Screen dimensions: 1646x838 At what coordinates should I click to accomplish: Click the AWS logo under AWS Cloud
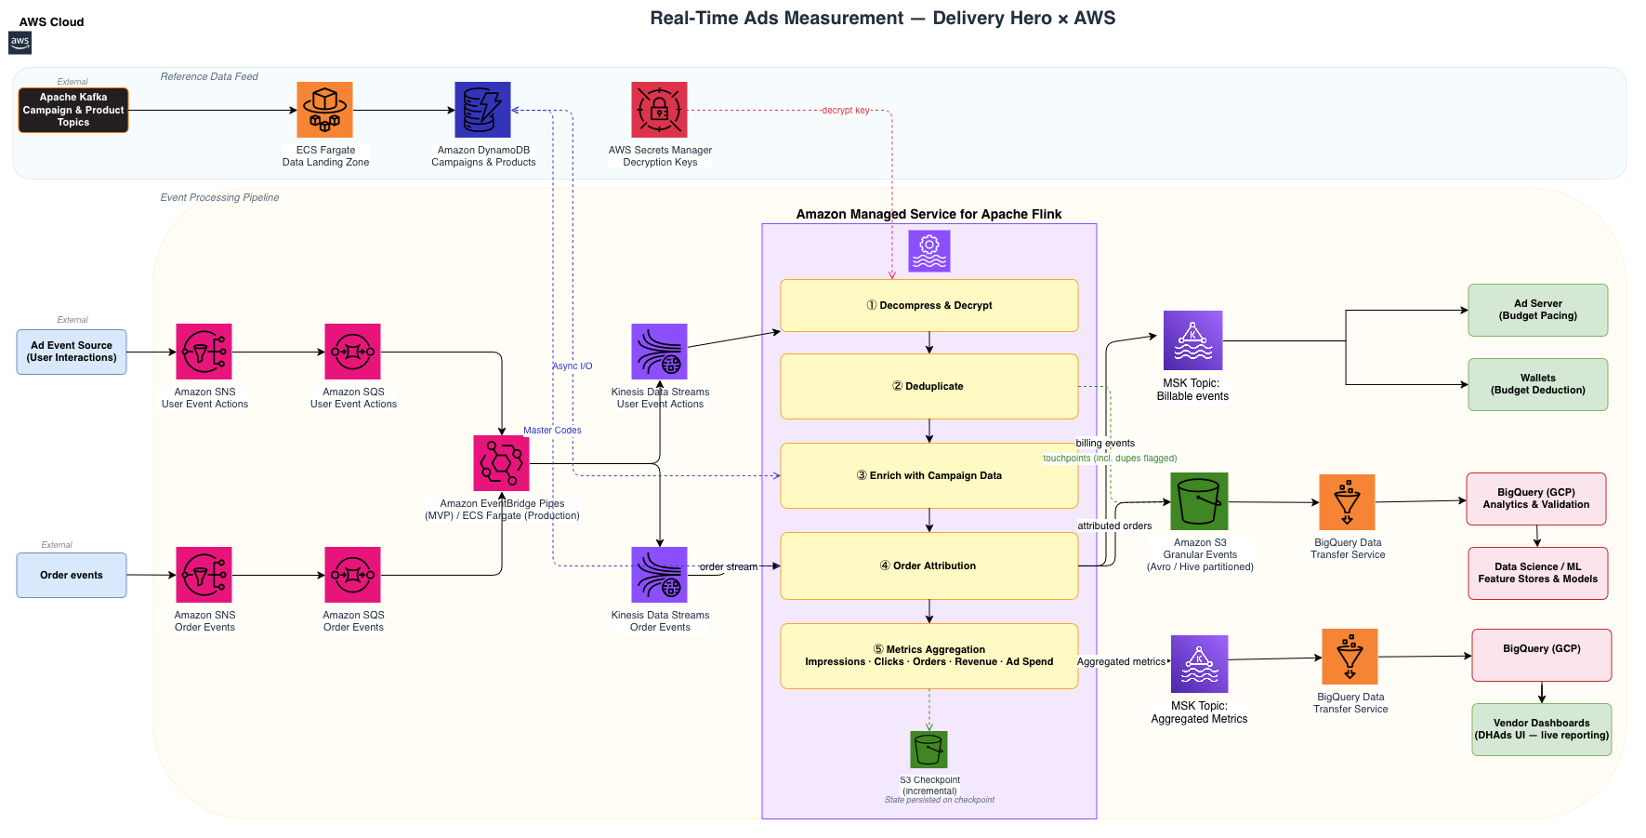click(x=20, y=43)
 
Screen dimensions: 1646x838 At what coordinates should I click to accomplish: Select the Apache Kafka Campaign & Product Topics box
click(x=73, y=110)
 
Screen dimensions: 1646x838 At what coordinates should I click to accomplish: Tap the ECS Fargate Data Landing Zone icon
click(x=324, y=110)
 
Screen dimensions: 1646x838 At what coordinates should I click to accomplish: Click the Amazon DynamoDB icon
click(x=482, y=110)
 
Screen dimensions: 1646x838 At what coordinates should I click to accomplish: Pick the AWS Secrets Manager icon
click(x=659, y=110)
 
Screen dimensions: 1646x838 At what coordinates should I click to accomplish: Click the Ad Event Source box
click(x=72, y=352)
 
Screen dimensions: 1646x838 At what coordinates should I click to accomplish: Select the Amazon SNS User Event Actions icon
click(x=204, y=352)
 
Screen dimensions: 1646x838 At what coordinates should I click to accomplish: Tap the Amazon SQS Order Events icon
click(x=352, y=575)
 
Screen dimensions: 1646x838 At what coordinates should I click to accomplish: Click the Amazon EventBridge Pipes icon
click(x=501, y=463)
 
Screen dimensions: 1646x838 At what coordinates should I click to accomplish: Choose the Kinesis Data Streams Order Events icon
click(x=659, y=575)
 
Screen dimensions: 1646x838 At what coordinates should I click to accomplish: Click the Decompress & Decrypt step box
click(x=929, y=305)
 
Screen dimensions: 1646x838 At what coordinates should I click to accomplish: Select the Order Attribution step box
click(x=929, y=565)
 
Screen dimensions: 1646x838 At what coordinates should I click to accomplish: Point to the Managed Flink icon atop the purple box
click(x=929, y=251)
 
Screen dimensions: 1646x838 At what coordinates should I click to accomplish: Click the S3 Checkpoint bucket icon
click(x=928, y=750)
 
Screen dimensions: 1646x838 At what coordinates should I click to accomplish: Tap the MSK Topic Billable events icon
click(x=1193, y=340)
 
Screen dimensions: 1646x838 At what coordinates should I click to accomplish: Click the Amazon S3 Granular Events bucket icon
click(x=1199, y=501)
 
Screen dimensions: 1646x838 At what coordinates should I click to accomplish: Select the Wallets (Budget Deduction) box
click(x=1538, y=384)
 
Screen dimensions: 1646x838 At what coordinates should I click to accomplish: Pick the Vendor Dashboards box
click(x=1542, y=729)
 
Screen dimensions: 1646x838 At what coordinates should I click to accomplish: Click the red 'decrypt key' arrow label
click(x=846, y=110)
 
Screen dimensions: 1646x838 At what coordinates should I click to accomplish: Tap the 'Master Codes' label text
click(x=552, y=430)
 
